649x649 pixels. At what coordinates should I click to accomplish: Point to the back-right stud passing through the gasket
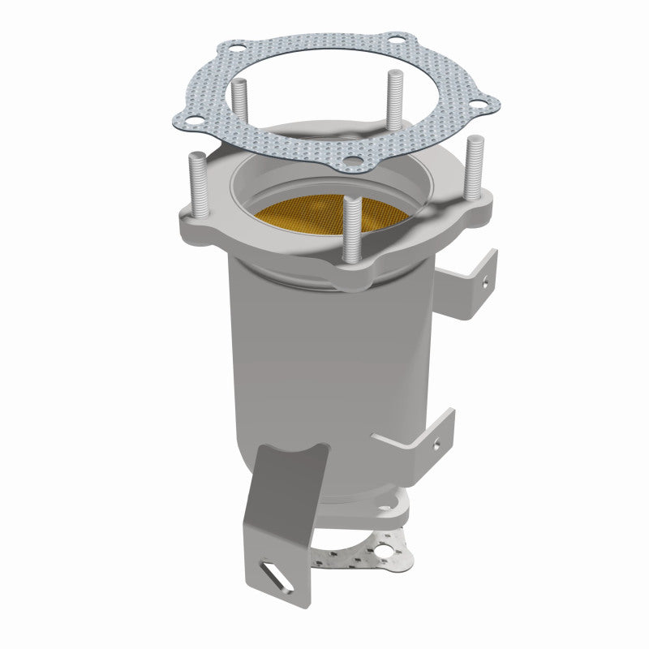[x=394, y=97]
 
